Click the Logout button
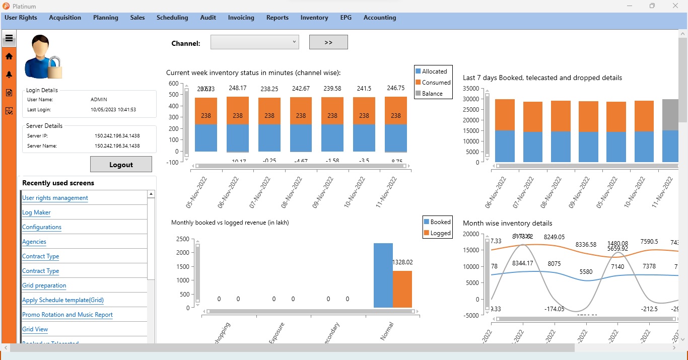121,164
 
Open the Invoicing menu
241,18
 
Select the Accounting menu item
380,18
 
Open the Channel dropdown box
254,42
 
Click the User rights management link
55,198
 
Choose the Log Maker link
36,212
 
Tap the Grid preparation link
44,285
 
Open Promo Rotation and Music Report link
67,315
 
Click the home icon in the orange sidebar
9,56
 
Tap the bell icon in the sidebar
9,75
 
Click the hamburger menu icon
9,38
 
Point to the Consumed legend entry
433,83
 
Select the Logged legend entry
437,233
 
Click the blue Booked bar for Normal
383,275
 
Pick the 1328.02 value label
402,262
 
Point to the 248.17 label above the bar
238,88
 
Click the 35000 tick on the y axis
471,88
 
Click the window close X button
675,6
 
